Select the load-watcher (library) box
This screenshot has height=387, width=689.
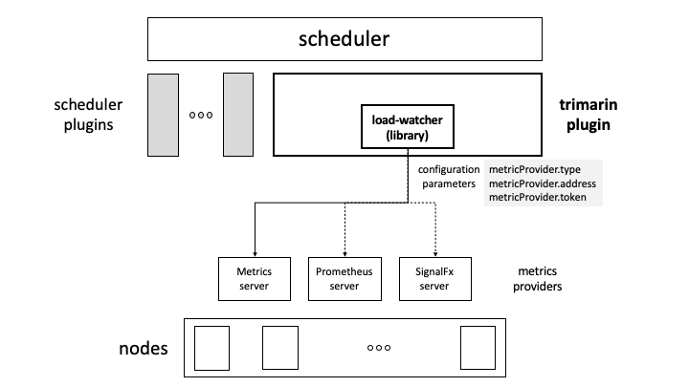[409, 127]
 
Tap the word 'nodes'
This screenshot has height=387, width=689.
[138, 348]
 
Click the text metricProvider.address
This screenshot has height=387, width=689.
[542, 183]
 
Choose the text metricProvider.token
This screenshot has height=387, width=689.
[537, 198]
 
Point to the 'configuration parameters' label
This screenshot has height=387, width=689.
[449, 176]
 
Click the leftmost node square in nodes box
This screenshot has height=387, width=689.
[213, 349]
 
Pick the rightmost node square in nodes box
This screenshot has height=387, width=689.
[477, 349]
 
